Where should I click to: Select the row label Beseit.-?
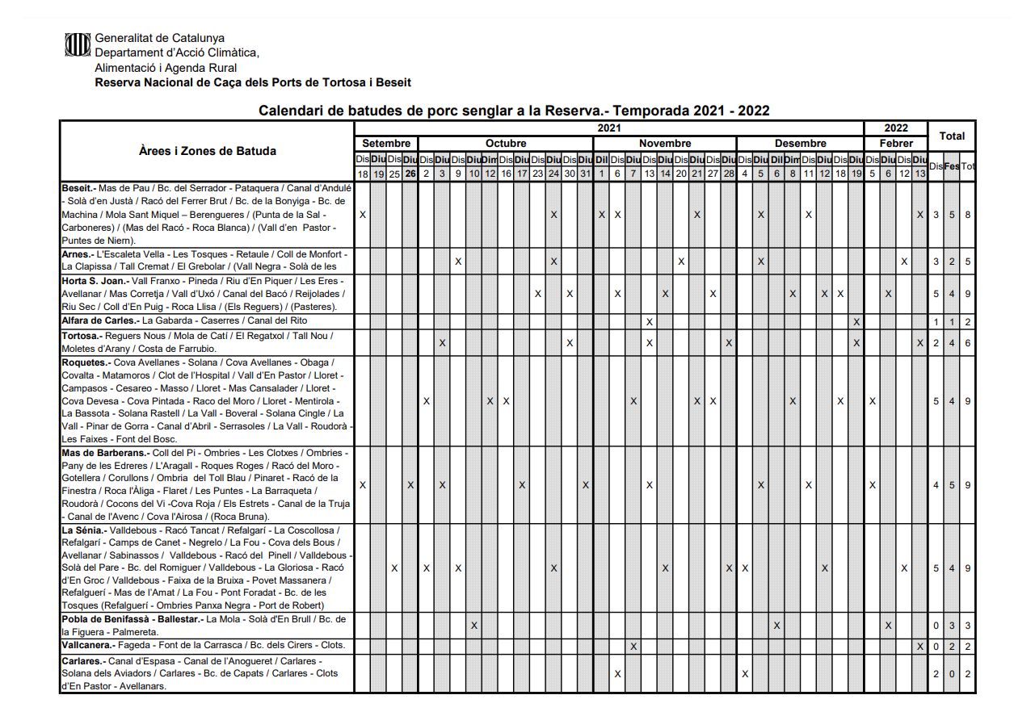click(78, 188)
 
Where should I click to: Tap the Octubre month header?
click(505, 144)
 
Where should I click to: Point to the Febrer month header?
click(896, 144)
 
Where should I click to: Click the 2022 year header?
click(895, 128)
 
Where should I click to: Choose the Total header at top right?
click(951, 136)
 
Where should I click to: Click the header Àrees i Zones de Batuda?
click(207, 151)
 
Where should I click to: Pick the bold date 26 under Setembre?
click(410, 174)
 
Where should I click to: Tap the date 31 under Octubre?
click(585, 174)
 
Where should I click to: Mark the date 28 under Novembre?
click(728, 174)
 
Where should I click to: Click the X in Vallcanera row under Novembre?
click(633, 647)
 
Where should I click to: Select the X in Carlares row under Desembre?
click(744, 673)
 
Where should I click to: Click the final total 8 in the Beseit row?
click(967, 215)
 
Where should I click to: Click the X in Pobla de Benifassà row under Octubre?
click(474, 626)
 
